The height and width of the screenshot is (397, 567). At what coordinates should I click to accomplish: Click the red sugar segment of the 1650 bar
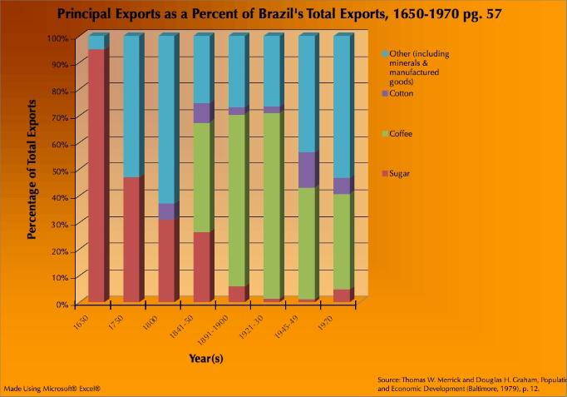click(x=96, y=175)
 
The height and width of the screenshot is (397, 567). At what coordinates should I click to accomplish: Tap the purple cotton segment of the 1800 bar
click(x=166, y=211)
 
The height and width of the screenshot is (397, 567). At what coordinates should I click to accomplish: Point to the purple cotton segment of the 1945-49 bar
click(x=307, y=171)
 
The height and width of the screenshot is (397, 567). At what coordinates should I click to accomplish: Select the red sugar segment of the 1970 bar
click(x=341, y=295)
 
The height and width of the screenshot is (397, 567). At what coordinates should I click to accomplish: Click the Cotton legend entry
click(x=401, y=94)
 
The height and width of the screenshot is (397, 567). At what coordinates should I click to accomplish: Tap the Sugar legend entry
click(x=400, y=174)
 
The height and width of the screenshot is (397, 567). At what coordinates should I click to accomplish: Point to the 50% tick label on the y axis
click(x=57, y=171)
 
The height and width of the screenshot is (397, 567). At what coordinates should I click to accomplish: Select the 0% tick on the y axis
click(x=61, y=304)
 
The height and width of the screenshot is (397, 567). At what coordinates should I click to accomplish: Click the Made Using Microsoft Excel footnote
click(x=52, y=388)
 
